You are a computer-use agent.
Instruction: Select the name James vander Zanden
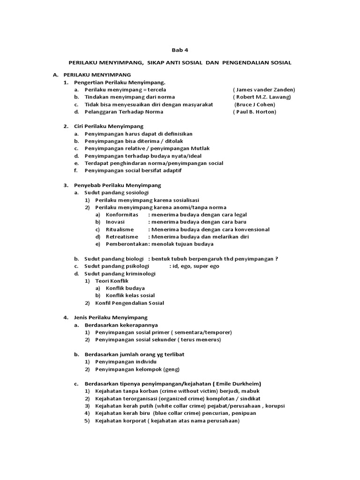pos(265,90)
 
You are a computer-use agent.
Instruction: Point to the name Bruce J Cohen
pos(255,105)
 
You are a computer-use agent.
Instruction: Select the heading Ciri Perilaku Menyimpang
pos(109,126)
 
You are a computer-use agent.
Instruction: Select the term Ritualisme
pos(120,229)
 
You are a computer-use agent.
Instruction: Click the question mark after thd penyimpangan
pos(277,259)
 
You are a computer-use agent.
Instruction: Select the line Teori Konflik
pos(112,281)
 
